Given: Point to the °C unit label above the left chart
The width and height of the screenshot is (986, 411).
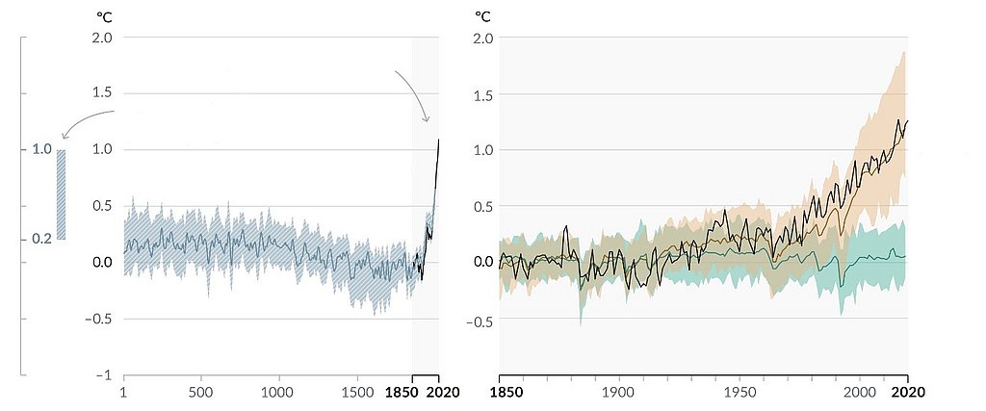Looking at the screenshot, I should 104,16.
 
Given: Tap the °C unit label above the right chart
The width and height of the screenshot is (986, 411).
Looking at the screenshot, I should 483,16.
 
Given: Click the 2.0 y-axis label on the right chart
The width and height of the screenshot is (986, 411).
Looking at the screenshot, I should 483,39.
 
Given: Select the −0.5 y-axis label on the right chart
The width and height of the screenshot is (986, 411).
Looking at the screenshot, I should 480,319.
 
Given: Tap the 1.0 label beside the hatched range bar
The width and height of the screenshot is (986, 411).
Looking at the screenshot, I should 42,149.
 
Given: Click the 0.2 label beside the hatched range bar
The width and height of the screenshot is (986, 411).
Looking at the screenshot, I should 42,239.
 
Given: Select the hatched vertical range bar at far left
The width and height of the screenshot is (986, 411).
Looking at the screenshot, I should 61,194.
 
